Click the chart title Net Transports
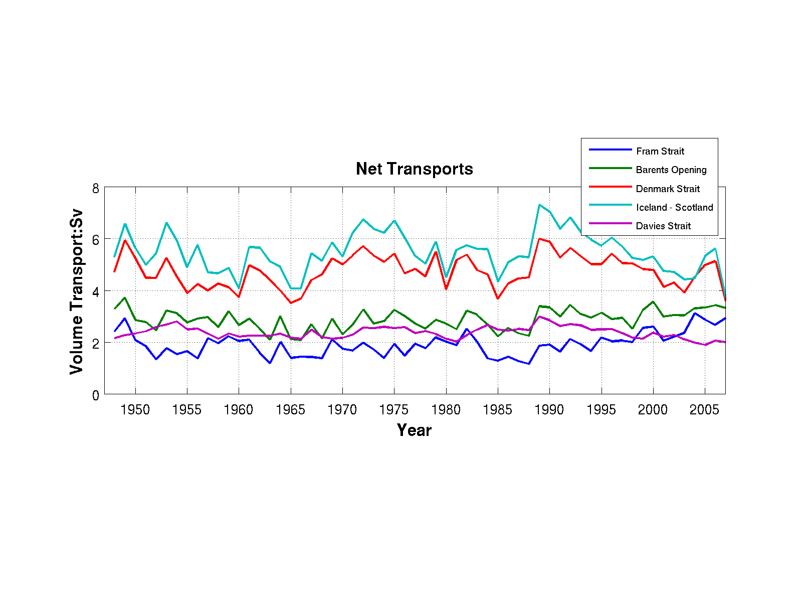pos(414,169)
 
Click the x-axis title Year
pos(414,430)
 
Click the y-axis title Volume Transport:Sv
pos(76,291)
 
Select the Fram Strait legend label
pos(660,151)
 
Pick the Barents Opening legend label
pos(671,170)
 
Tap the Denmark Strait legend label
pos(668,189)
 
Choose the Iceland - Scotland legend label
pos(674,207)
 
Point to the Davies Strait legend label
pos(663,226)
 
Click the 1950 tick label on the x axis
pos(135,410)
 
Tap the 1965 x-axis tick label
pos(291,410)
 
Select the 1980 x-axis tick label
pos(446,410)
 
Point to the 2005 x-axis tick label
pos(705,410)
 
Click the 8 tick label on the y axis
pos(96,189)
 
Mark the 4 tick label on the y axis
pos(96,291)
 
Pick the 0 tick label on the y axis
pos(96,395)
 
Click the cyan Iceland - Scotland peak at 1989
pos(539,205)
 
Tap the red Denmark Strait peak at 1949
pos(125,240)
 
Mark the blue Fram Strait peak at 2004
pos(695,313)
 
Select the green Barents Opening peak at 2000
pos(653,302)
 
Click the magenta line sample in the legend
pos(610,223)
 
